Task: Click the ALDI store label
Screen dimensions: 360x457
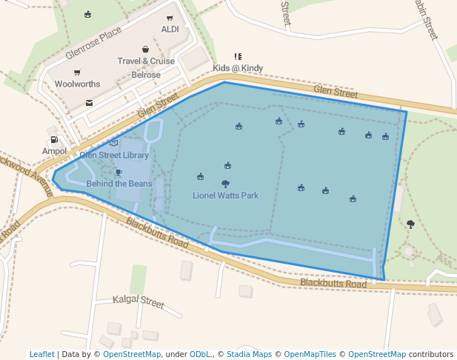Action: (170, 30)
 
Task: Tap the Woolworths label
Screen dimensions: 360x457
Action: (77, 84)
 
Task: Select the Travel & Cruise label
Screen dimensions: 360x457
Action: (146, 61)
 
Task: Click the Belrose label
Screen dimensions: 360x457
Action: (146, 75)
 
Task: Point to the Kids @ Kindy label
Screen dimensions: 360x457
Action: (238, 68)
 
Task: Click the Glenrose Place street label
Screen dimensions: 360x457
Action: (93, 44)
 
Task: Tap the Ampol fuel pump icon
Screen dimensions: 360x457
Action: (54, 139)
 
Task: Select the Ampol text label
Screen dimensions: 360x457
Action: (54, 151)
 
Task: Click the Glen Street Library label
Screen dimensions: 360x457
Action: (114, 156)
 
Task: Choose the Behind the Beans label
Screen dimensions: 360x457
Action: (119, 184)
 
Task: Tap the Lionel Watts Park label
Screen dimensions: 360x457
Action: (226, 196)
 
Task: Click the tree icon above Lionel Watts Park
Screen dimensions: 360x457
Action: (225, 184)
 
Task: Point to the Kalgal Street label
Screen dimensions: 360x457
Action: (139, 301)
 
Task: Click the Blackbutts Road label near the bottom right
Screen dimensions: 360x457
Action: (333, 284)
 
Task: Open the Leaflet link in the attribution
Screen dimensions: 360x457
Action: (42, 354)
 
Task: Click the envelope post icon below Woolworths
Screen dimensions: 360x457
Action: (89, 103)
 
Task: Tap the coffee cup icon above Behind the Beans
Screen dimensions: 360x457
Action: (119, 172)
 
